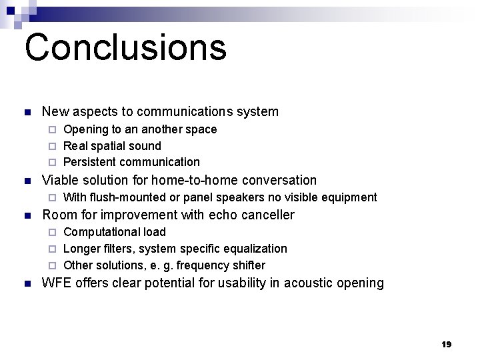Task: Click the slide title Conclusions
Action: click(125, 47)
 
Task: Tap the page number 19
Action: click(446, 344)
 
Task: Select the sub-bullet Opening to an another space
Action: click(139, 129)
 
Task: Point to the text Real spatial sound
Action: click(112, 145)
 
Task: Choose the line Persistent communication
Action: click(131, 162)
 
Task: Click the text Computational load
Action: click(114, 232)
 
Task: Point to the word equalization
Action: click(256, 249)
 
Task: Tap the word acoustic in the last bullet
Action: click(310, 283)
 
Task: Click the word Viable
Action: click(59, 180)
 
